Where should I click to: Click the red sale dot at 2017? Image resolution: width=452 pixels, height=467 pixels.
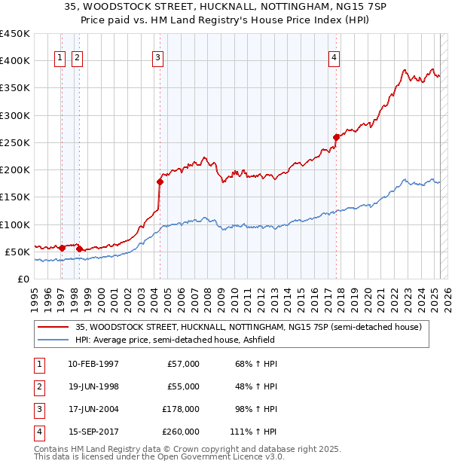(x=336, y=137)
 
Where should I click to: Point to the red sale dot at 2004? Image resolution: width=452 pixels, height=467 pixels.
(x=160, y=182)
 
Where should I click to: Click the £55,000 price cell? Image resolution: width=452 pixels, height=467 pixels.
(x=183, y=386)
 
